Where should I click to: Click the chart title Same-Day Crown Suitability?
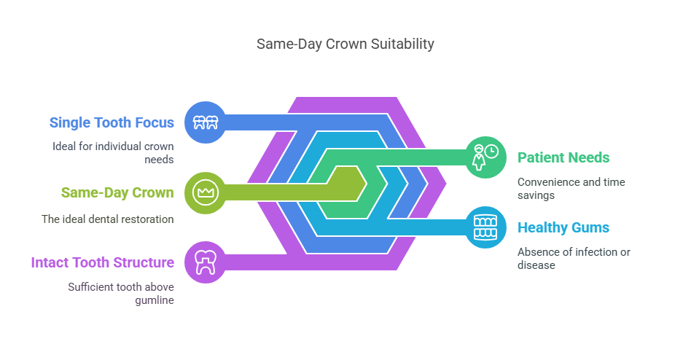pos(345,44)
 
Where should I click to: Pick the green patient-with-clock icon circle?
pos(485,157)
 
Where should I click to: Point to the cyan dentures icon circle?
pos(485,227)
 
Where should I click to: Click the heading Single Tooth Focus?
pos(112,123)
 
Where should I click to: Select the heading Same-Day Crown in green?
pos(117,193)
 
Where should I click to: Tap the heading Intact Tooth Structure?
pos(102,262)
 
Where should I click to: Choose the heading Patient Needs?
pos(563,157)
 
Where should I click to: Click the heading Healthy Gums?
pos(563,227)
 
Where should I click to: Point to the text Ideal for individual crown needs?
pos(113,152)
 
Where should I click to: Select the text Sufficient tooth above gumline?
pos(121,294)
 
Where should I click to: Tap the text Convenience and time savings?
pos(571,188)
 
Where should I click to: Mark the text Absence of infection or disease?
pos(574,258)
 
